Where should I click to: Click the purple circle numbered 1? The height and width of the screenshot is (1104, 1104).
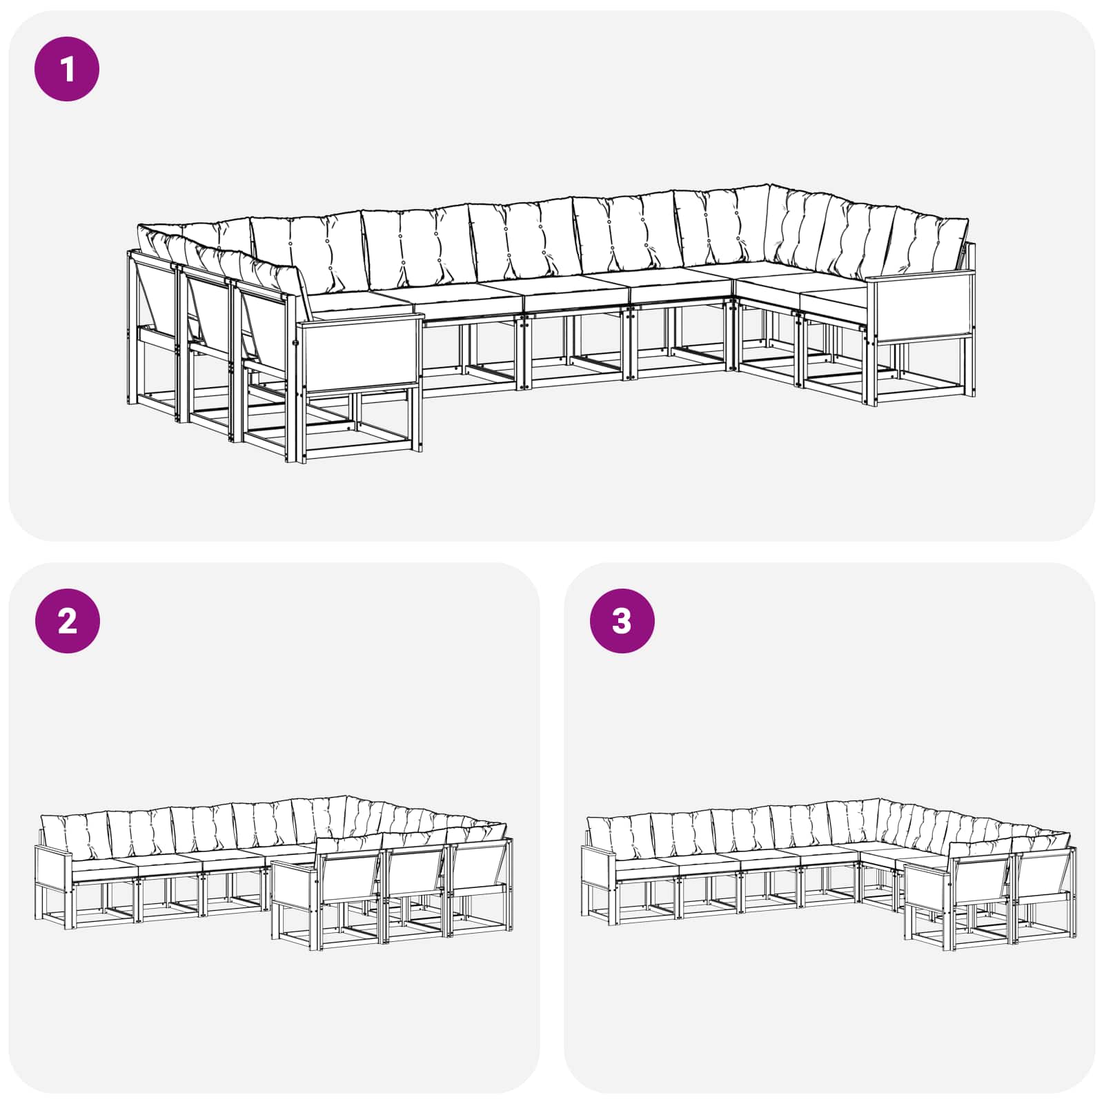(x=67, y=70)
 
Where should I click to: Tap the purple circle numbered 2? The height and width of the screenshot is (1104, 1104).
(x=67, y=621)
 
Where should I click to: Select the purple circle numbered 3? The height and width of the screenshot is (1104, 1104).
(x=622, y=621)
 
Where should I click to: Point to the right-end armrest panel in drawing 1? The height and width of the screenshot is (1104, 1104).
(x=920, y=308)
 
